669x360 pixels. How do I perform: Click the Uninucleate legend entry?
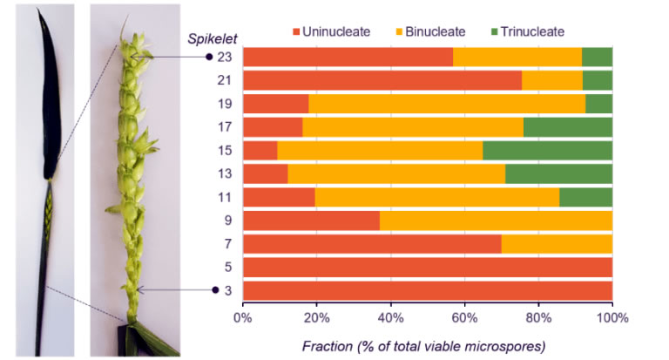[330, 31]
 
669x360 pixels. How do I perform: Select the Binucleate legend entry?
[428, 31]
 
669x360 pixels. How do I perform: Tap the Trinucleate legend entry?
[529, 31]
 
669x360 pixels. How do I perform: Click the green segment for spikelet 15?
[547, 151]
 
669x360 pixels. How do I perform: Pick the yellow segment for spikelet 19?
[447, 104]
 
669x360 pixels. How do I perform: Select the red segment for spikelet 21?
[382, 80]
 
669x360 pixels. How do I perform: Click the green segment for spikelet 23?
[597, 57]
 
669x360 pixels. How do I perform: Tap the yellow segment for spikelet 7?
[557, 243]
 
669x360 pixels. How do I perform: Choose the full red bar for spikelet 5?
[427, 267]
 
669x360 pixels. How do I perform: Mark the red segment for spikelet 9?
[311, 221]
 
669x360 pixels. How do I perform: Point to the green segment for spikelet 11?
[585, 197]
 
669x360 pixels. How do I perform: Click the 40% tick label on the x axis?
[390, 318]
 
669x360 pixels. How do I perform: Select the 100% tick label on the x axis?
[612, 318]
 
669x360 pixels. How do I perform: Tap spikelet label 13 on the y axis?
[224, 174]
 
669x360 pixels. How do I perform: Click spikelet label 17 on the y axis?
[224, 127]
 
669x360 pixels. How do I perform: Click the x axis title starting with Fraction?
[423, 346]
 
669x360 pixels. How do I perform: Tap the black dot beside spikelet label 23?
[208, 58]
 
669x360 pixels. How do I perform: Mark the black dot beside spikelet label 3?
[215, 290]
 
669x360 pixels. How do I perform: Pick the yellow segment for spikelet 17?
[413, 127]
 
